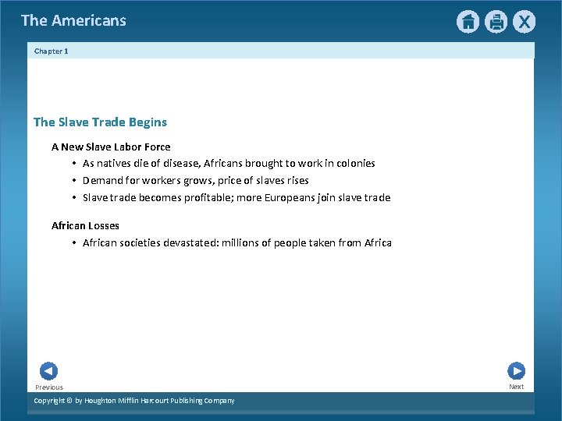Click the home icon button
point(468,22)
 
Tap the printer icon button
point(496,22)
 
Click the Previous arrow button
point(48,371)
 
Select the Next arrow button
point(516,371)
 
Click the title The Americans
point(73,21)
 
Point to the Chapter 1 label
point(52,51)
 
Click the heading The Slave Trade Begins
point(100,122)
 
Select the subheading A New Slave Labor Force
point(111,147)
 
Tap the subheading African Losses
point(85,225)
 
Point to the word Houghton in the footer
point(104,401)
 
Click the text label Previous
point(49,387)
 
